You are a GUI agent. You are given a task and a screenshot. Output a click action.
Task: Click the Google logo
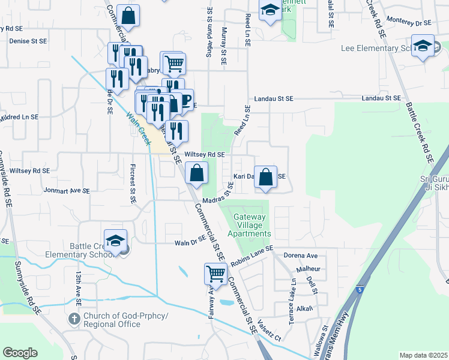point(20,352)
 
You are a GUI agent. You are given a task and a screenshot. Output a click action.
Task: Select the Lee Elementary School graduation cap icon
point(423,46)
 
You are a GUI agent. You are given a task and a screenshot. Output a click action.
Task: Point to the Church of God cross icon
point(74,319)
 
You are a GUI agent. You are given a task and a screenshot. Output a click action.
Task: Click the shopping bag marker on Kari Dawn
point(266,177)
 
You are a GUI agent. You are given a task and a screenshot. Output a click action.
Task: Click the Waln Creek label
point(138,127)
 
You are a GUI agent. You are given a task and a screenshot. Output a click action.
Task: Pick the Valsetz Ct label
point(270,329)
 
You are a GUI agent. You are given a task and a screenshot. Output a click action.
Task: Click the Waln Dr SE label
point(190,243)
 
